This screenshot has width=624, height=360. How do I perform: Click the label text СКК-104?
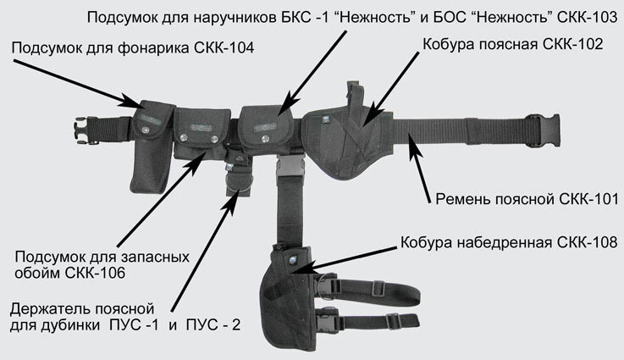click(226, 49)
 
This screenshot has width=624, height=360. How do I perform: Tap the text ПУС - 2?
click(217, 324)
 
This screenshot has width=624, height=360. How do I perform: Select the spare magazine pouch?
click(200, 136)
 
